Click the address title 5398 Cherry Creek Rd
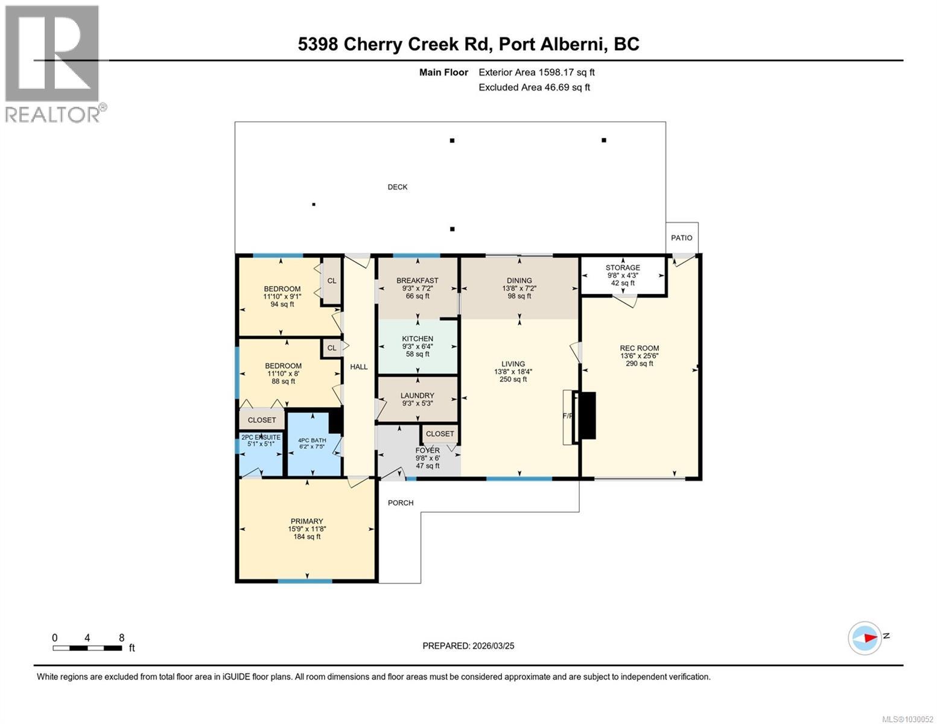pos(468,44)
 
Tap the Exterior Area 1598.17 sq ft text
pos(536,72)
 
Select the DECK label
pos(397,187)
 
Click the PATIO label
pos(681,238)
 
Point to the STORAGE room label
pos(623,268)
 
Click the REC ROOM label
pos(639,348)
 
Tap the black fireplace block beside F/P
pos(586,415)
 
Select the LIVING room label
pos(513,364)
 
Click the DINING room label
pos(519,281)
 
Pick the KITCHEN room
pos(418,346)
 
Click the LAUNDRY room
pos(417,399)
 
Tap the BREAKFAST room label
pos(417,281)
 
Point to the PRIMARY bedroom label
pos(307,521)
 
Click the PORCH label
pos(401,503)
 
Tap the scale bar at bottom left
pos(87,648)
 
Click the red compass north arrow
pos(868,637)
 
